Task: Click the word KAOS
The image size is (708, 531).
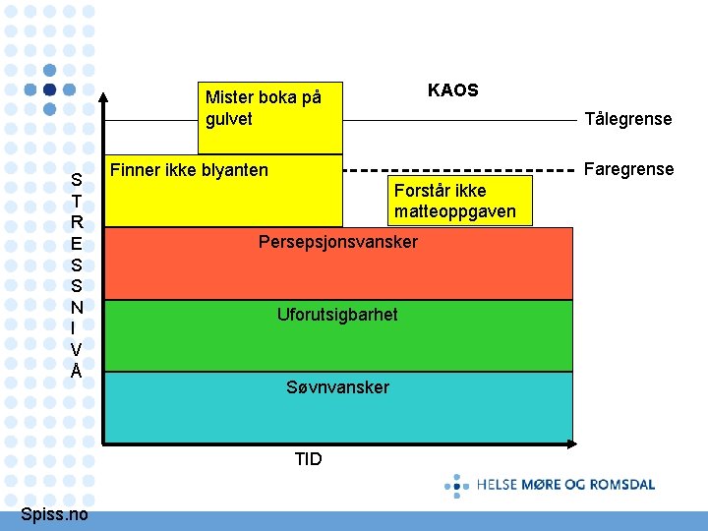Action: (x=452, y=90)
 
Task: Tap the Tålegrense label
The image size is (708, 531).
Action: (x=627, y=119)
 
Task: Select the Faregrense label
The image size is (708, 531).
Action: (x=628, y=169)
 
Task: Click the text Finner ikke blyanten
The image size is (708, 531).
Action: (x=189, y=170)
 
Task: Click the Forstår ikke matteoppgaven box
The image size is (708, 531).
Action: (x=455, y=202)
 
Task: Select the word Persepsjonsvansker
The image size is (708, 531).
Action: (x=337, y=242)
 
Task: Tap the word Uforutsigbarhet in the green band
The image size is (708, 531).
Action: (x=337, y=315)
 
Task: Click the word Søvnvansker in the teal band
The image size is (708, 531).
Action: (x=337, y=387)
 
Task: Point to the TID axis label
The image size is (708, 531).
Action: (x=308, y=459)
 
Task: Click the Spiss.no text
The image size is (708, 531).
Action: (x=54, y=515)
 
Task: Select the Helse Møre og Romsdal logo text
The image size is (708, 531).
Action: (x=565, y=484)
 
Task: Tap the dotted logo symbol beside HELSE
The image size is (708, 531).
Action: (x=456, y=485)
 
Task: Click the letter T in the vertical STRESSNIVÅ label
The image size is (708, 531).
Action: (x=77, y=200)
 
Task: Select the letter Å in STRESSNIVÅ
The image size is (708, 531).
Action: (x=77, y=371)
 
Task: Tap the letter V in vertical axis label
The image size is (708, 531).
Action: (x=77, y=349)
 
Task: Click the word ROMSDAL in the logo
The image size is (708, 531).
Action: (x=621, y=484)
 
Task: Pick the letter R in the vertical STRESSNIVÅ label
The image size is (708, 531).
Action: (x=77, y=221)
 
